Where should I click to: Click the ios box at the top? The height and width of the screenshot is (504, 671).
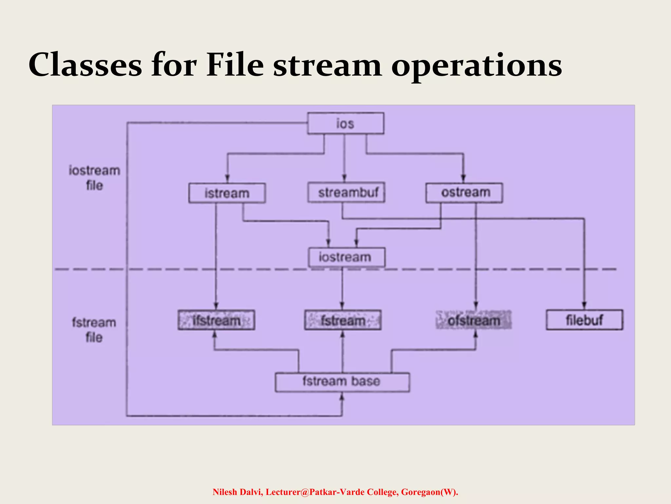pyautogui.click(x=345, y=123)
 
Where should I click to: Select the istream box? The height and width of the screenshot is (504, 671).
pyautogui.click(x=227, y=193)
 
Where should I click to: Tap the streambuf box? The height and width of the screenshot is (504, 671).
pyautogui.click(x=346, y=192)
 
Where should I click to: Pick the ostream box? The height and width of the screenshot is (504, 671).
pyautogui.click(x=464, y=193)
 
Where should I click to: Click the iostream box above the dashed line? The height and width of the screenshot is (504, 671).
pyautogui.click(x=346, y=257)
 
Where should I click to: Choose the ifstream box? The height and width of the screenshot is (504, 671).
pyautogui.click(x=216, y=320)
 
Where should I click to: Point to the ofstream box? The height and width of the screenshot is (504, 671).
pyautogui.click(x=473, y=320)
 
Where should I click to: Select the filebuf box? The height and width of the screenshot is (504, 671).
pyautogui.click(x=584, y=320)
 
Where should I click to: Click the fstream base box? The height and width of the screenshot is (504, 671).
pyautogui.click(x=342, y=382)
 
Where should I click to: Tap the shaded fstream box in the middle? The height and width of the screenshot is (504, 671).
pyautogui.click(x=343, y=320)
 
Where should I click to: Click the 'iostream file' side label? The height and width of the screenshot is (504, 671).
pyautogui.click(x=94, y=178)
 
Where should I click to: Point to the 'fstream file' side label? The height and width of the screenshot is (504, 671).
pyautogui.click(x=94, y=330)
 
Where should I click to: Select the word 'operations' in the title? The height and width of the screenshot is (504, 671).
pyautogui.click(x=477, y=66)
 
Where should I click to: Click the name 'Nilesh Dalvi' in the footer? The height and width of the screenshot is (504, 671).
pyautogui.click(x=237, y=492)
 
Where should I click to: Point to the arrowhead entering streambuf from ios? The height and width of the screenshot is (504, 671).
pyautogui.click(x=344, y=178)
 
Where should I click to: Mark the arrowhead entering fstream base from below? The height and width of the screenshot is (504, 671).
pyautogui.click(x=342, y=397)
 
